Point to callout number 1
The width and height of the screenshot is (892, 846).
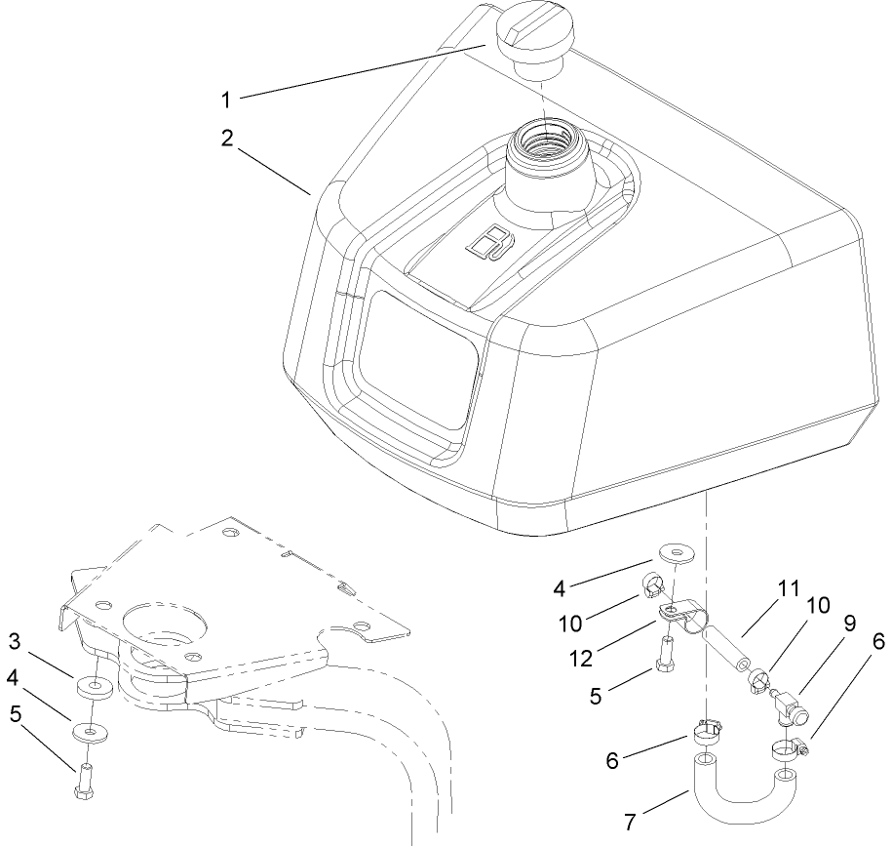[x=226, y=99]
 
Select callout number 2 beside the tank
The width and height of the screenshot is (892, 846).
[x=226, y=138]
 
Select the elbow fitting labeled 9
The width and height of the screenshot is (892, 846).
[x=789, y=701]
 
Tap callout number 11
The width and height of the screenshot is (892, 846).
[x=788, y=589]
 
